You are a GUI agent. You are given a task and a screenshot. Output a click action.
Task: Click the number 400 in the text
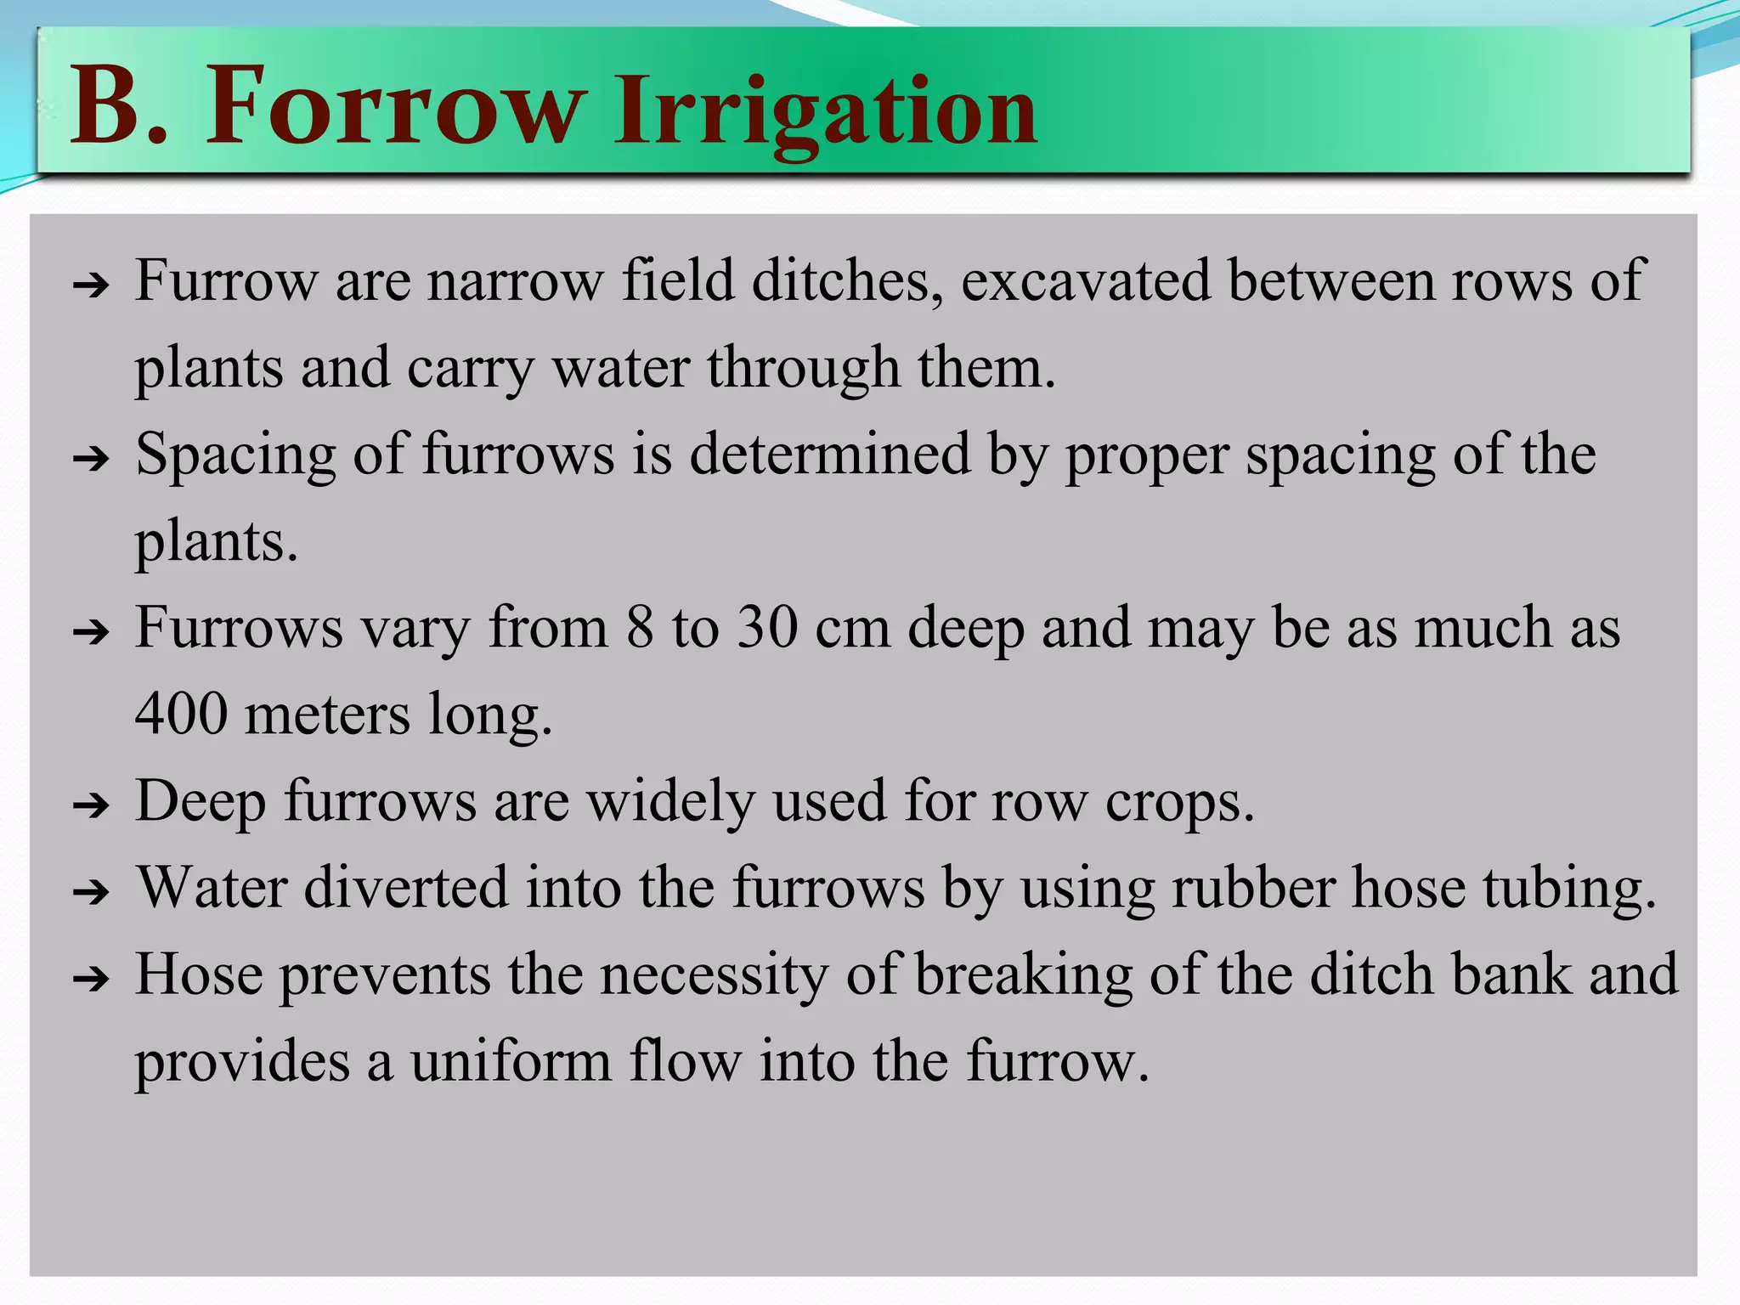point(181,714)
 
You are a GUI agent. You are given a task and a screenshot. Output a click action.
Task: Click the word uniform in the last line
point(511,1061)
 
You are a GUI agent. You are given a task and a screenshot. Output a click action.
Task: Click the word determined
point(828,455)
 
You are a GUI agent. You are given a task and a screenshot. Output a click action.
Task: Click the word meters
point(327,714)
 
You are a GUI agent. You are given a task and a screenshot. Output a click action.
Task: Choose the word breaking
point(1023,976)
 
